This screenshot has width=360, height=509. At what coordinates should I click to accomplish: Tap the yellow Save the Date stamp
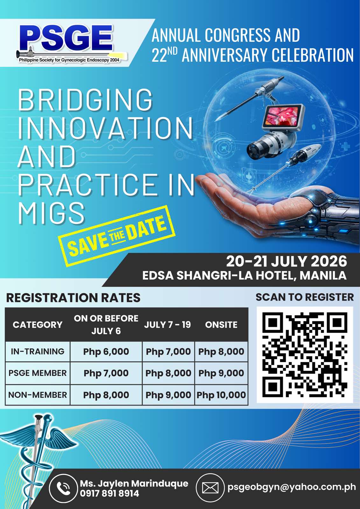pos(117,236)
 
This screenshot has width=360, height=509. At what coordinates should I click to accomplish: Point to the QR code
pos(305,354)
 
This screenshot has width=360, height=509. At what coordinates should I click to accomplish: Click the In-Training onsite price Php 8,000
pos(221,352)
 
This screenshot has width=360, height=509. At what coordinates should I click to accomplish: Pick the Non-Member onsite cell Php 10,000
pos(221,395)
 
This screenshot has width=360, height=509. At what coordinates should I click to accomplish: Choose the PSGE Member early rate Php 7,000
pos(106,373)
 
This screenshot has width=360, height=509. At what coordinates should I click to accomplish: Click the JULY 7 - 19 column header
pos(167,324)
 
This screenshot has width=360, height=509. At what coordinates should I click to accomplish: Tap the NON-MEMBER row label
pos(38,395)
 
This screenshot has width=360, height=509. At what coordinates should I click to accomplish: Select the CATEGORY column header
pos(38,324)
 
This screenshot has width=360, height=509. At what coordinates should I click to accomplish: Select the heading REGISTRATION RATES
pos(73,298)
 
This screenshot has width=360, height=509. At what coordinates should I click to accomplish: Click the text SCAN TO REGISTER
pos(305,297)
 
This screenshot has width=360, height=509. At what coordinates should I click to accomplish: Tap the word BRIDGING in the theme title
pos(85,100)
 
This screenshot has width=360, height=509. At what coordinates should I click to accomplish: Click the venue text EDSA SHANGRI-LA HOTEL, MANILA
pos(244,275)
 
